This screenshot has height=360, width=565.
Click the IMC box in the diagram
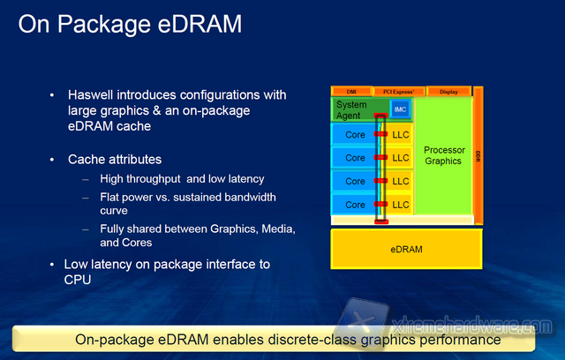pos(399,109)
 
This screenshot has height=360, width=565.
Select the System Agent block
pos(353,110)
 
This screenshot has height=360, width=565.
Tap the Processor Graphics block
pos(443,155)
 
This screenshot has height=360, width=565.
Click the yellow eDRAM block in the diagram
pos(405,249)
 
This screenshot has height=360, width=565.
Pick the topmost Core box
pos(355,134)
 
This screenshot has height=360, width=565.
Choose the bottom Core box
pos(355,204)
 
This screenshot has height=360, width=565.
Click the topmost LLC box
pos(401,134)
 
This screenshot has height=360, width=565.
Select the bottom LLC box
pos(401,204)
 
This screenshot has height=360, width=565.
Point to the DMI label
pos(350,91)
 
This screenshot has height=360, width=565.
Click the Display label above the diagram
pos(448,91)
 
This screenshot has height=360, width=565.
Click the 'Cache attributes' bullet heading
pos(115,160)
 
